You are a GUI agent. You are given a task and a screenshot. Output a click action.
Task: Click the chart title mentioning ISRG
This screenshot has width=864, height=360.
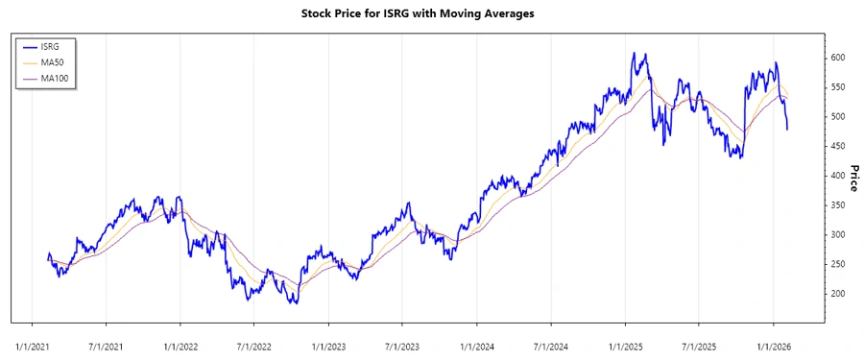(431, 13)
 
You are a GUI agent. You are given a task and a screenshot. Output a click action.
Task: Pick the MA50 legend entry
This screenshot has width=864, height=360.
(54, 61)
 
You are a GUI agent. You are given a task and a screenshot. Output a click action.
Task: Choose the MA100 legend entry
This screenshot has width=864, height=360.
(56, 78)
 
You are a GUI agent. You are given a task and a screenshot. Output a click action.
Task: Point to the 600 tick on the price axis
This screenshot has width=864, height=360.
(839, 58)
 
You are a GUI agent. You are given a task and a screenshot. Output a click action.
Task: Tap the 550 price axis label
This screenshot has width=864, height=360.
(839, 87)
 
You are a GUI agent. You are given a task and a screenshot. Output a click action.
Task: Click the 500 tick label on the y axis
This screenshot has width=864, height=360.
(839, 117)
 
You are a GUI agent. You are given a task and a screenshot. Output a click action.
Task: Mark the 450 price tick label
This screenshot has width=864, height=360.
(839, 147)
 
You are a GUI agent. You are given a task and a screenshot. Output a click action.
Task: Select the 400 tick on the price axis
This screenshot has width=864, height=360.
(839, 176)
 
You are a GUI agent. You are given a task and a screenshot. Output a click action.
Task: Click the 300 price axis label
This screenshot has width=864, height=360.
(839, 235)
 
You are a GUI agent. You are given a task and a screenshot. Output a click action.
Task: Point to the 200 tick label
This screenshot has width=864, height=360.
(839, 294)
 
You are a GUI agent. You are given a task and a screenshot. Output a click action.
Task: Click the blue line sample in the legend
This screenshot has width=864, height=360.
(29, 46)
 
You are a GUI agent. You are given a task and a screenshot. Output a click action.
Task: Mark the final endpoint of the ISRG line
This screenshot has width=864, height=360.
(788, 129)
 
